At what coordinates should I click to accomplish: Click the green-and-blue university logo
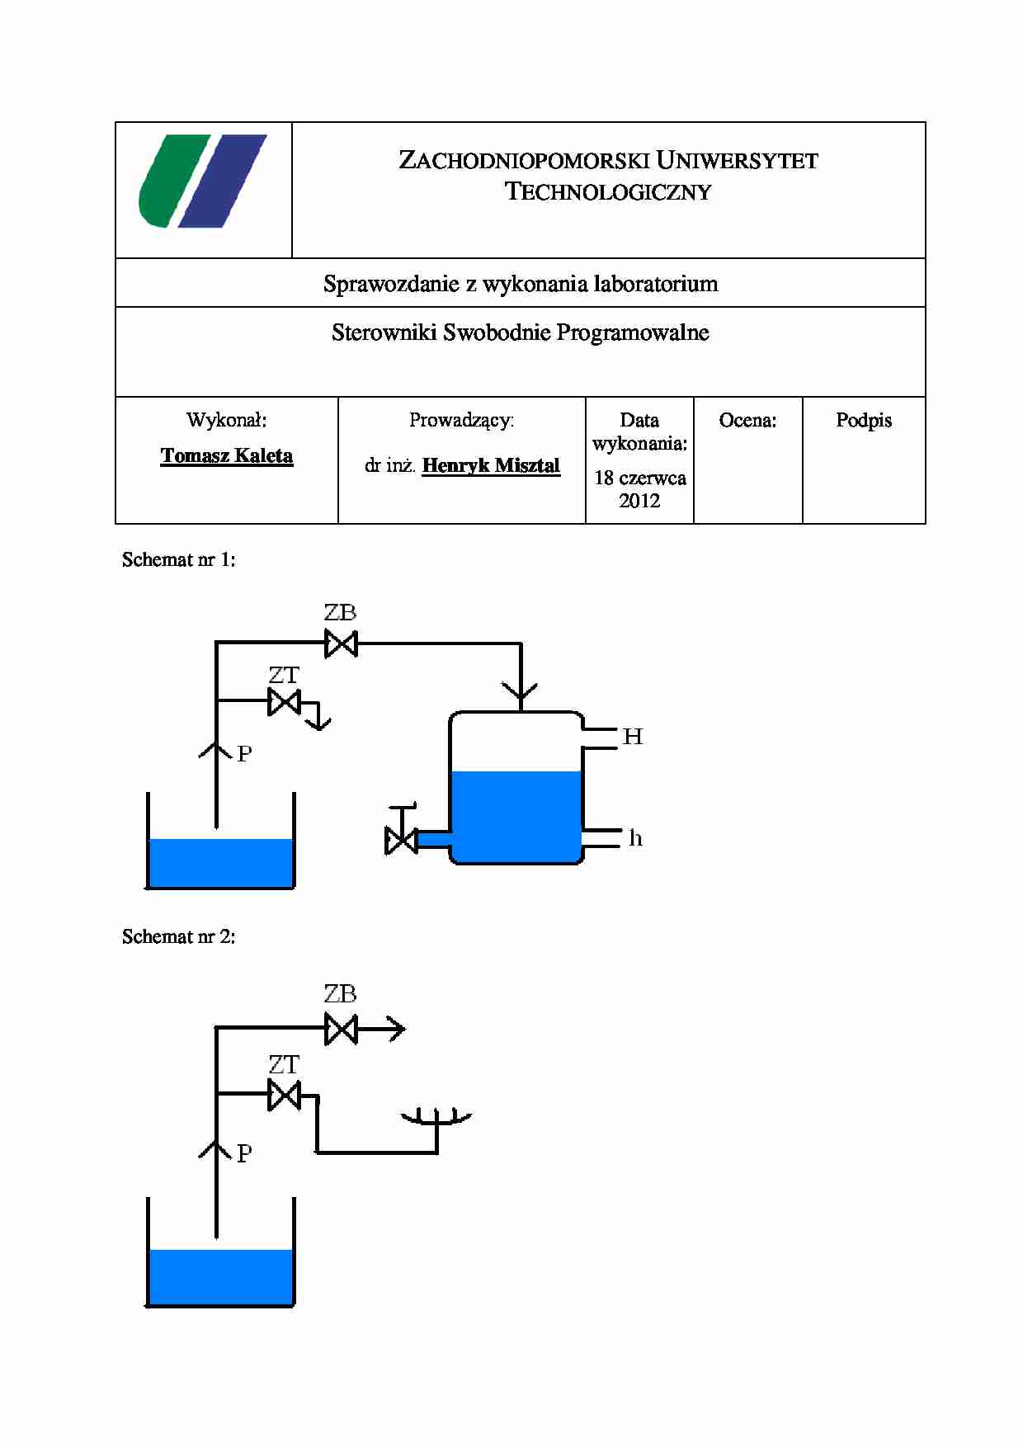[x=203, y=181]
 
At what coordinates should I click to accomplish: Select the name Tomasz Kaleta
[x=227, y=456]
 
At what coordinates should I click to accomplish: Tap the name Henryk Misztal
[x=491, y=465]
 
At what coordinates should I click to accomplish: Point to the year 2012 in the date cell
[x=639, y=501]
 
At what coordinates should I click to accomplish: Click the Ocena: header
[x=747, y=421]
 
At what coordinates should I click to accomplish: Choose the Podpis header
[x=864, y=421]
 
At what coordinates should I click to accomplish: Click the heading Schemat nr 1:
[x=178, y=560]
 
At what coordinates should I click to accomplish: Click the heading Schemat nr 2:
[x=178, y=937]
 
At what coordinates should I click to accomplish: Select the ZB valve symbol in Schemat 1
[x=341, y=643]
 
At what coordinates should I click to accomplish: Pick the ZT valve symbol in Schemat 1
[x=285, y=703]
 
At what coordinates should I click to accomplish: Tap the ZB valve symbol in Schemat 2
[x=341, y=1030]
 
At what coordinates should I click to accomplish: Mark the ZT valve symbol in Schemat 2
[x=285, y=1096]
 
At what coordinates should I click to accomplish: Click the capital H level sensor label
[x=633, y=737]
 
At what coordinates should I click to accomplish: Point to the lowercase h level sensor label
[x=635, y=839]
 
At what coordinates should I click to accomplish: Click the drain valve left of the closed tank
[x=401, y=840]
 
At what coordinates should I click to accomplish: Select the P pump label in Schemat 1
[x=244, y=754]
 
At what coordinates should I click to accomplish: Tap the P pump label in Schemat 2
[x=244, y=1154]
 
